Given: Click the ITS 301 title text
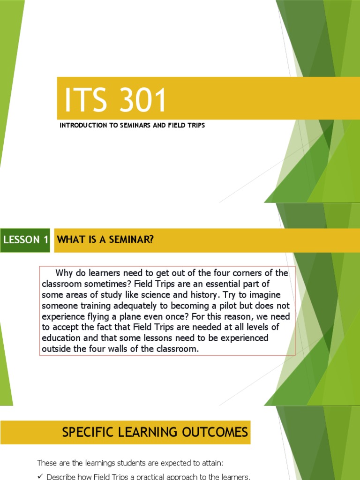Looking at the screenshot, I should tap(115, 101).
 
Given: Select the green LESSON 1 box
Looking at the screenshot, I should tap(26, 240).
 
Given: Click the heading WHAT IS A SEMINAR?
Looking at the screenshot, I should tap(105, 240).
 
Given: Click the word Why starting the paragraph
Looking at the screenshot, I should tap(65, 273).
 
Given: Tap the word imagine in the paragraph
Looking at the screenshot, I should tap(269, 295).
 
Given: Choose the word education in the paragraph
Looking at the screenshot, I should tap(61, 338).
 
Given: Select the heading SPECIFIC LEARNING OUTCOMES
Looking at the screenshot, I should tap(155, 432).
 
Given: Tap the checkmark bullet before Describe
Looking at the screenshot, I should tap(40, 477).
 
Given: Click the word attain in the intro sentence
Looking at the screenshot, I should tap(210, 463).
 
